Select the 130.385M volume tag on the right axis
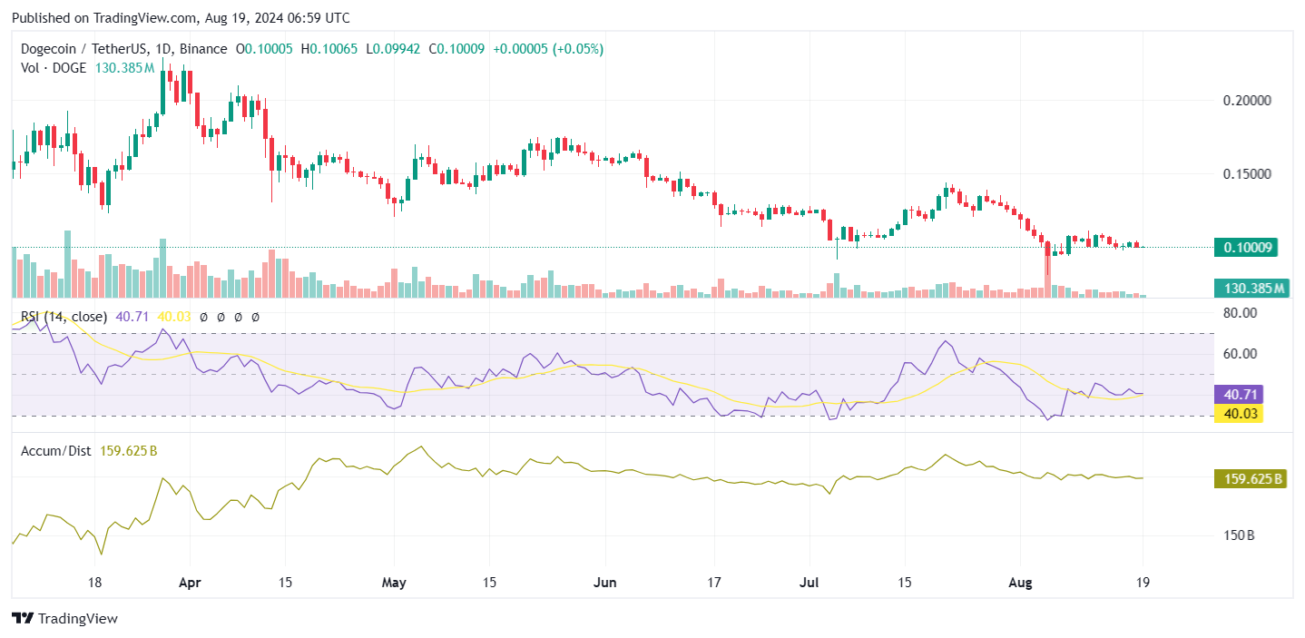coord(1251,289)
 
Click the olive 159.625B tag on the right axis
coord(1251,478)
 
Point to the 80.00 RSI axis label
coord(1239,312)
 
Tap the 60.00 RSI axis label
coord(1239,353)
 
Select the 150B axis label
coord(1239,535)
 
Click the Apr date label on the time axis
coord(190,582)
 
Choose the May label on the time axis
coord(395,582)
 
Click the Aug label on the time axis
coord(1019,582)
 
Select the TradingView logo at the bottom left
coord(65,619)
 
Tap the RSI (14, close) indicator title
coord(64,317)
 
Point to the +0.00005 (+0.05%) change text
coord(548,49)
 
